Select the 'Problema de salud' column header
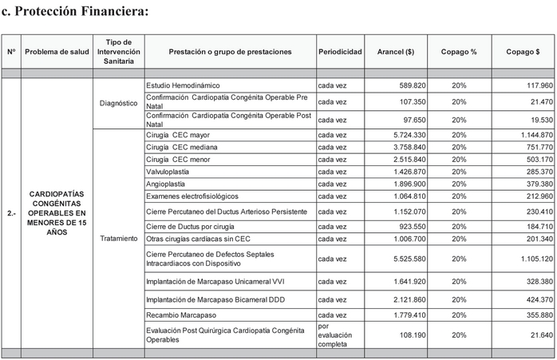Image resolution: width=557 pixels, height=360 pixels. click(x=57, y=52)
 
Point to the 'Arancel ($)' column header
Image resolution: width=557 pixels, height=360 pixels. click(x=395, y=52)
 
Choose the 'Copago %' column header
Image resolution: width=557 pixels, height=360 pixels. click(x=459, y=52)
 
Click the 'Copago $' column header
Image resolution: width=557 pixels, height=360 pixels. click(x=523, y=52)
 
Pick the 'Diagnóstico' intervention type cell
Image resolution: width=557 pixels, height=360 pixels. click(x=118, y=103)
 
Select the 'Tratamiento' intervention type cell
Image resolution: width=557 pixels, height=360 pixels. click(x=118, y=239)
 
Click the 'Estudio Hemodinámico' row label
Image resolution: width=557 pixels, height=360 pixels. click(x=183, y=85)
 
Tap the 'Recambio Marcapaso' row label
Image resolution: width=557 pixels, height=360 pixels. click(x=182, y=315)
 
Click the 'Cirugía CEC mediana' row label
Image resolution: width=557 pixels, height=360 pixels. click(x=182, y=147)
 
